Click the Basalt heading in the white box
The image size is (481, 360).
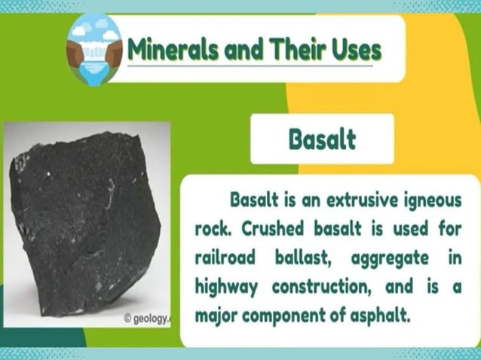coord(322,139)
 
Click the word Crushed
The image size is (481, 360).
coord(274,229)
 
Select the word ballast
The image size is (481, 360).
coord(306,258)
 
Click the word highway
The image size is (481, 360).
coord(225,286)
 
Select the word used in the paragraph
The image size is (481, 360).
coord(404,229)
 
